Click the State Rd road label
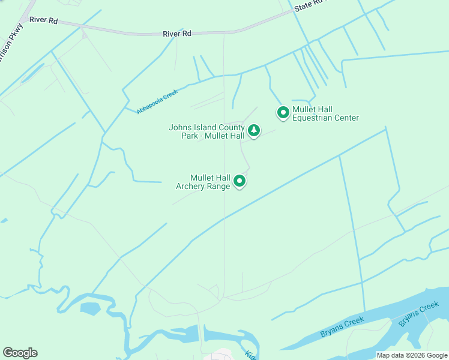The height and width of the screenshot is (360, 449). pyautogui.click(x=308, y=5)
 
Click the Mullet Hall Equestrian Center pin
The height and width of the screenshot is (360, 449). pyautogui.click(x=283, y=112)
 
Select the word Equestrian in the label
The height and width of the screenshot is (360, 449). pyautogui.click(x=315, y=118)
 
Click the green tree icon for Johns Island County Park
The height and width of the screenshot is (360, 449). pyautogui.click(x=253, y=130)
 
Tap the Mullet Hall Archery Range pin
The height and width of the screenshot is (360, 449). pyautogui.click(x=240, y=181)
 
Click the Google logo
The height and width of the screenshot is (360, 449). pyautogui.click(x=20, y=352)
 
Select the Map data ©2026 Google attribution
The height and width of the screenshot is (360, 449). pyautogui.click(x=411, y=355)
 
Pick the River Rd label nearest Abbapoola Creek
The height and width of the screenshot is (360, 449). pyautogui.click(x=176, y=34)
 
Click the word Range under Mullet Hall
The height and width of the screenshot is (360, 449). pyautogui.click(x=218, y=186)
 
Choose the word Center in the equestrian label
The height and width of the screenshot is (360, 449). pyautogui.click(x=346, y=118)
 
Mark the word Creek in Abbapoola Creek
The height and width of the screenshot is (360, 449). pyautogui.click(x=170, y=94)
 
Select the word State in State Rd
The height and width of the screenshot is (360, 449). pyautogui.click(x=303, y=7)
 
